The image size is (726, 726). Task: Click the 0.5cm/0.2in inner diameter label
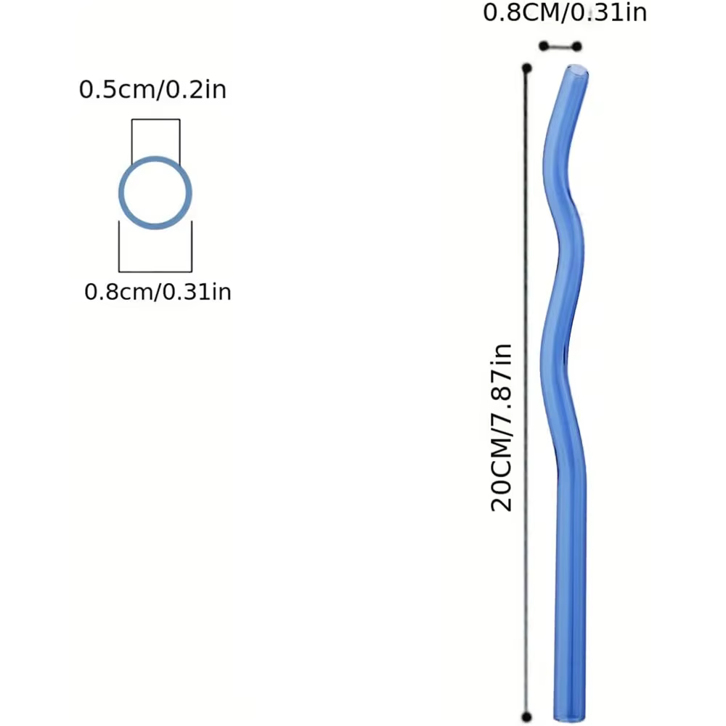point(152,89)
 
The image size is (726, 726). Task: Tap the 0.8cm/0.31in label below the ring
point(158,292)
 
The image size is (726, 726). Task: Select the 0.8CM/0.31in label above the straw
point(565,12)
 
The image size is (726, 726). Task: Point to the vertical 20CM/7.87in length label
point(502,428)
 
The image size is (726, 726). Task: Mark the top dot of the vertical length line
point(526,68)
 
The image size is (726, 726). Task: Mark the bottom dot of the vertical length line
point(526,717)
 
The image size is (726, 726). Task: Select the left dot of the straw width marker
point(544,46)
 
